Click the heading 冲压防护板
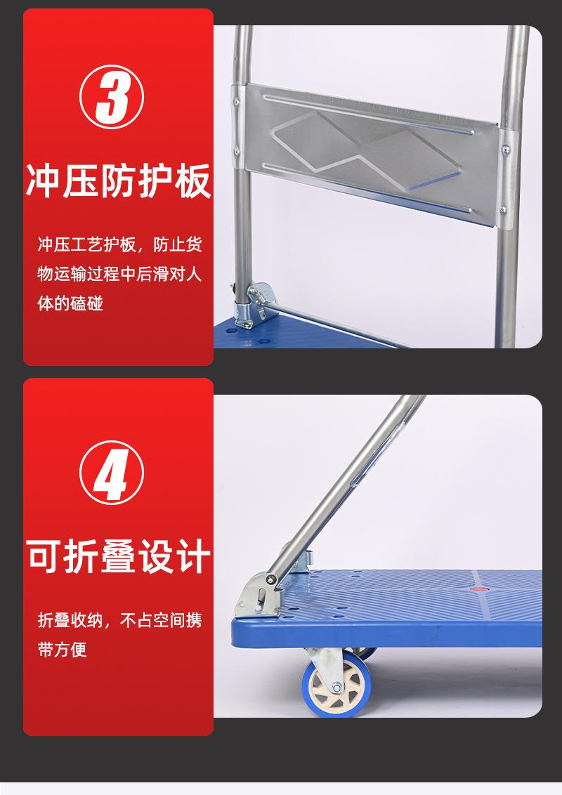click(x=118, y=182)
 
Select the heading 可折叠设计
click(x=118, y=556)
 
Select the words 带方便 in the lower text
click(x=63, y=650)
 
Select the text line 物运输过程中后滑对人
click(x=119, y=275)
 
